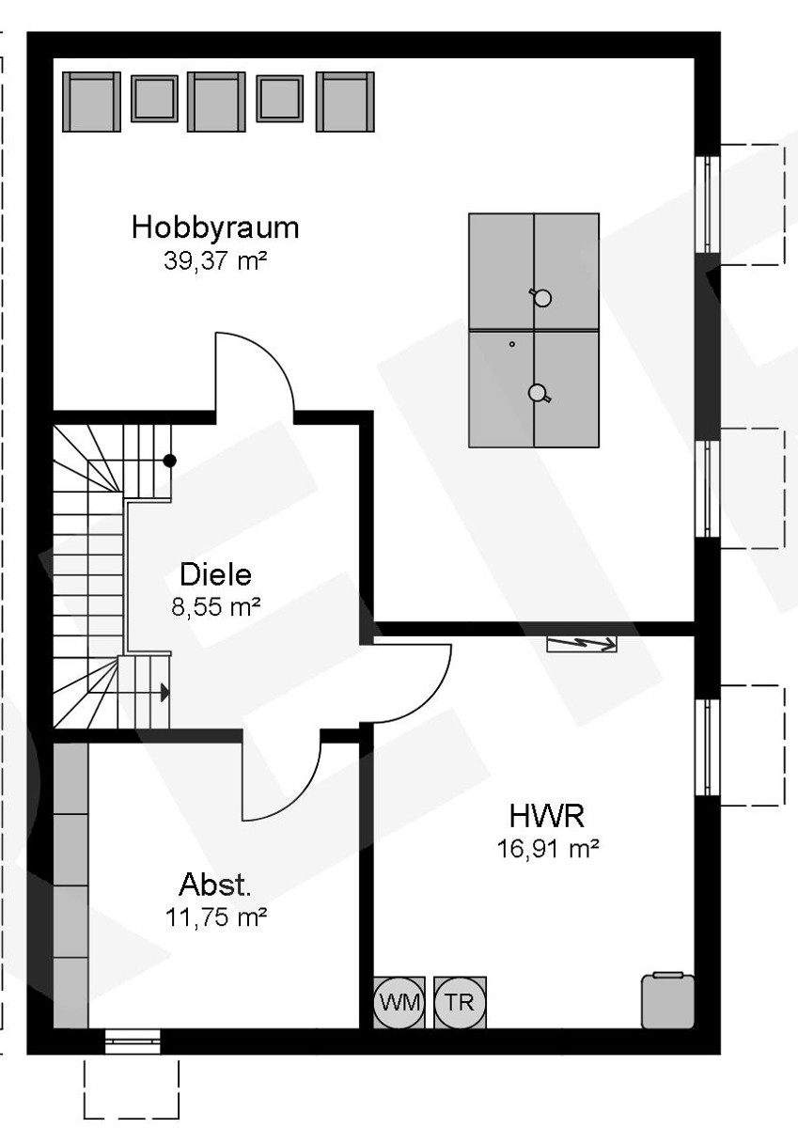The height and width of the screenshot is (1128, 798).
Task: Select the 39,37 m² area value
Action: [215, 260]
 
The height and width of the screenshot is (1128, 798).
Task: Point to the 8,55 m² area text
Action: [215, 606]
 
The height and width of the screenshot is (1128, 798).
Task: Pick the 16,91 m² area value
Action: [548, 849]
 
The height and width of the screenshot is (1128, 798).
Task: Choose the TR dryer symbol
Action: [460, 1002]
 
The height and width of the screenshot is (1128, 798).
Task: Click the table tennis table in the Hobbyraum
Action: [534, 330]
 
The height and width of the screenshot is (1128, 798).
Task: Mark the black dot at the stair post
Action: [170, 461]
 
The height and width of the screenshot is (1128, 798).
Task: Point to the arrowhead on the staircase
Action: [164, 693]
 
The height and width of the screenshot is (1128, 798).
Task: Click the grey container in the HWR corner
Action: [667, 1000]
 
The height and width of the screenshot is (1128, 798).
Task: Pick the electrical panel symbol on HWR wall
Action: [582, 644]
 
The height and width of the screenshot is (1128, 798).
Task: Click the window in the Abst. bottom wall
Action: [132, 1040]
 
